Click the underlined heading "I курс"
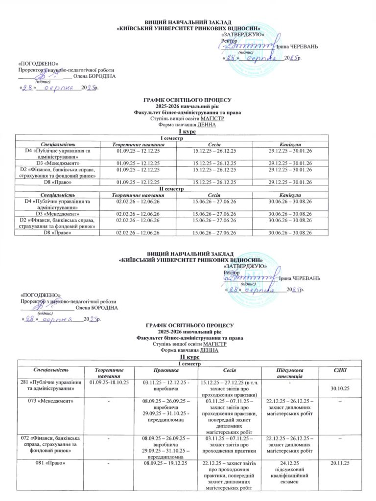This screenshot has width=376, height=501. pos(188,132)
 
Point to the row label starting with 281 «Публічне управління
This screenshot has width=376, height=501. pos(51,385)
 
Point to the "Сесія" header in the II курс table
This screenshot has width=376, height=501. pos(230,371)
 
